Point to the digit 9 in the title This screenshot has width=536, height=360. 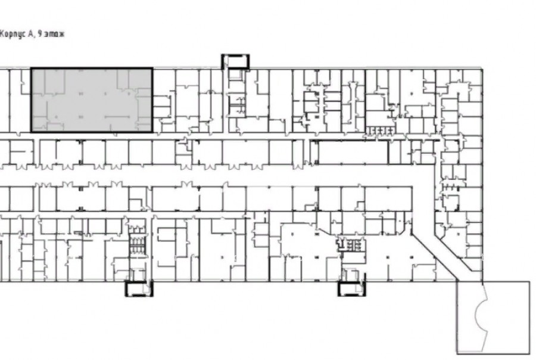tap(40, 34)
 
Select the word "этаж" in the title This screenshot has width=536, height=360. tap(55, 34)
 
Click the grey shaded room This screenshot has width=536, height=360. tap(92, 100)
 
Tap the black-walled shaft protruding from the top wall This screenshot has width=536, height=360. tap(235, 61)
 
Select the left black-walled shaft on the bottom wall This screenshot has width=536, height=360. tap(139, 288)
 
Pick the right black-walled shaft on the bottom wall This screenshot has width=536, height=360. tap(352, 288)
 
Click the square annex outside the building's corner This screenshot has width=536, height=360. tap(493, 318)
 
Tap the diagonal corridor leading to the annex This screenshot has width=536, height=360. tap(441, 253)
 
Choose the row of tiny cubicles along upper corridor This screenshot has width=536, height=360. tap(379, 131)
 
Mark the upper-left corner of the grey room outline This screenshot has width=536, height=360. tap(32, 69)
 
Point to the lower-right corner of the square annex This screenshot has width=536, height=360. tap(529, 354)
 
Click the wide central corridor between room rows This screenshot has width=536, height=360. tap(205, 177)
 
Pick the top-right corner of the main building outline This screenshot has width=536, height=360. tap(482, 69)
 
